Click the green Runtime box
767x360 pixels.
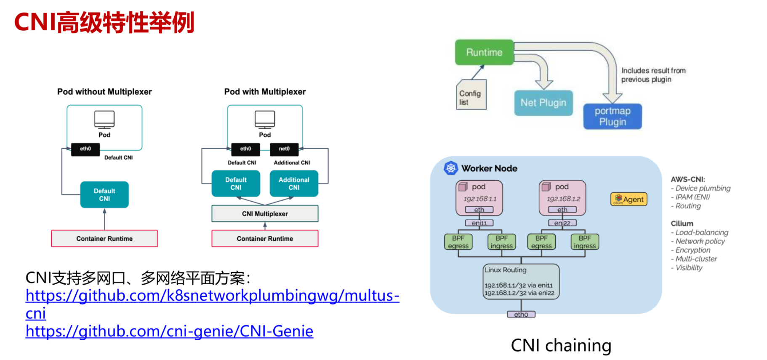point(484,52)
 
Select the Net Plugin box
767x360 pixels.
point(543,103)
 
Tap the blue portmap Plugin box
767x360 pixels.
point(613,116)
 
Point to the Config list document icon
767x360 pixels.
point(471,95)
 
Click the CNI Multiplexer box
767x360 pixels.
point(265,213)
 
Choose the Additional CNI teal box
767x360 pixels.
point(294,184)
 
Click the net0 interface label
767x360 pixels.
point(284,149)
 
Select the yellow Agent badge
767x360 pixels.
point(629,199)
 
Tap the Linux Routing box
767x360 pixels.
point(521,281)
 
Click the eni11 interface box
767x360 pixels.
point(479,223)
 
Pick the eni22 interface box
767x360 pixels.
point(562,223)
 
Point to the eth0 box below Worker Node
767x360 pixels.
point(521,314)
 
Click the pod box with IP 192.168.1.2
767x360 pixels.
point(562,197)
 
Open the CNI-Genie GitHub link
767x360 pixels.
point(169,331)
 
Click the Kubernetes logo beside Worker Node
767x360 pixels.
point(451,168)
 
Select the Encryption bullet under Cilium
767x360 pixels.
point(693,250)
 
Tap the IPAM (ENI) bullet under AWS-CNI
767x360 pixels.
point(692,197)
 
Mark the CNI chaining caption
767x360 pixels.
point(561,345)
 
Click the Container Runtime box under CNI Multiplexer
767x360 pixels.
point(265,238)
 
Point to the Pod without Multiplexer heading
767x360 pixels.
point(104,92)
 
